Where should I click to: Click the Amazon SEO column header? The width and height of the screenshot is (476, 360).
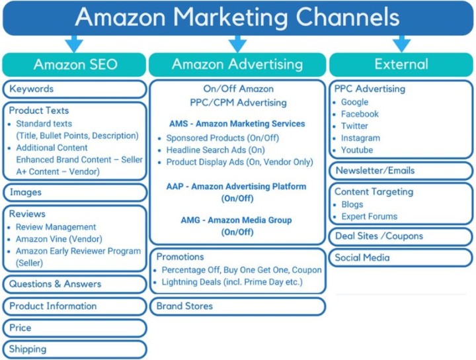coord(75,65)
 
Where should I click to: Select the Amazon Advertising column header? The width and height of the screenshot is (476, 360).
coord(237,65)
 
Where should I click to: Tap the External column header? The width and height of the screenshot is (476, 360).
coord(401,65)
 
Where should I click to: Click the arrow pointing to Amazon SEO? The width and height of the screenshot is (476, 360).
coord(74,44)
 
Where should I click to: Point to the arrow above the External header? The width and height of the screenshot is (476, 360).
coord(401,44)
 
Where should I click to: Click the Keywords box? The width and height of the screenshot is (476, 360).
coord(75,89)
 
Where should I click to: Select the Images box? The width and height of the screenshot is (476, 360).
coord(75,193)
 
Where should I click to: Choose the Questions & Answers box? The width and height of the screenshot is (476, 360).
coord(75,284)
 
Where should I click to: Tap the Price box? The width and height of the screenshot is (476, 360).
coord(75,328)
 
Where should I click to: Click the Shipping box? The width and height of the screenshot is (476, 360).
coord(75,349)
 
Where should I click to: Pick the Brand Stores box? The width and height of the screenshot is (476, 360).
coord(237,306)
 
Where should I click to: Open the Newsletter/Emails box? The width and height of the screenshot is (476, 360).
coord(401,171)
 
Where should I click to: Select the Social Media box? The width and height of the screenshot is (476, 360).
coord(401,257)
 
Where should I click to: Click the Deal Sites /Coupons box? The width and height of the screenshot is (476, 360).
coord(401,236)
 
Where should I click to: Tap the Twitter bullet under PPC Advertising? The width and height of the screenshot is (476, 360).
coord(354,126)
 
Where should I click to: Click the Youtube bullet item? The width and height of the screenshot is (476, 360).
coord(358,150)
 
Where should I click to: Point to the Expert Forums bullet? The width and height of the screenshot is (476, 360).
coord(369,216)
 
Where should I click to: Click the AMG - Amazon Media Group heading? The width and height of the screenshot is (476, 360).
coord(237,220)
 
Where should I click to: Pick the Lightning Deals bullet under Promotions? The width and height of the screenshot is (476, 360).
coord(231,282)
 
